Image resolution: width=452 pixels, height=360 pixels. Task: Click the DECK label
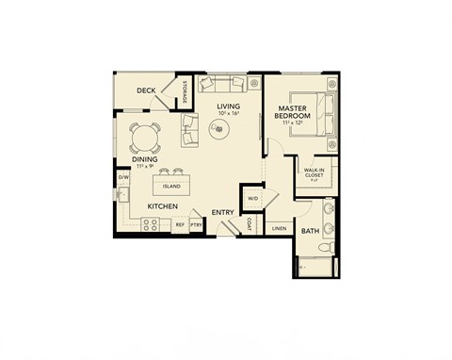pyautogui.click(x=146, y=91)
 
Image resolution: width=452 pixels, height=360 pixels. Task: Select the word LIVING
pyautogui.click(x=229, y=106)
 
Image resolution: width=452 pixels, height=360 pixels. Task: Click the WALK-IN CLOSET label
pyautogui.click(x=314, y=174)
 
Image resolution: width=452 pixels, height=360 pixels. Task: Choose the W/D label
pyautogui.click(x=252, y=198)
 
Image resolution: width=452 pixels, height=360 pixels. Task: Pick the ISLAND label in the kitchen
pyautogui.click(x=171, y=186)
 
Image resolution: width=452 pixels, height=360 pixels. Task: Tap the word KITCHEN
pyautogui.click(x=163, y=205)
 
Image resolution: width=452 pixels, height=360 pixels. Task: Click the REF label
pyautogui.click(x=179, y=225)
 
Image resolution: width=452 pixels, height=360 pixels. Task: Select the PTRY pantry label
pyautogui.click(x=196, y=225)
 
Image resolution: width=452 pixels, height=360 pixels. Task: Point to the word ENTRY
pyautogui.click(x=223, y=212)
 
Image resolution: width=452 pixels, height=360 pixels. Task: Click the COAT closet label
pyautogui.click(x=248, y=224)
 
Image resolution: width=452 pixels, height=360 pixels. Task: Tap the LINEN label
pyautogui.click(x=279, y=228)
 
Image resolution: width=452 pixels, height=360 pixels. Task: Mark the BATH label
pyautogui.click(x=310, y=230)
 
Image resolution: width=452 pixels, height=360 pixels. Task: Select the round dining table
pyautogui.click(x=144, y=139)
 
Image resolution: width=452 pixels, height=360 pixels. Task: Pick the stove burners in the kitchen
pyautogui.click(x=151, y=224)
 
